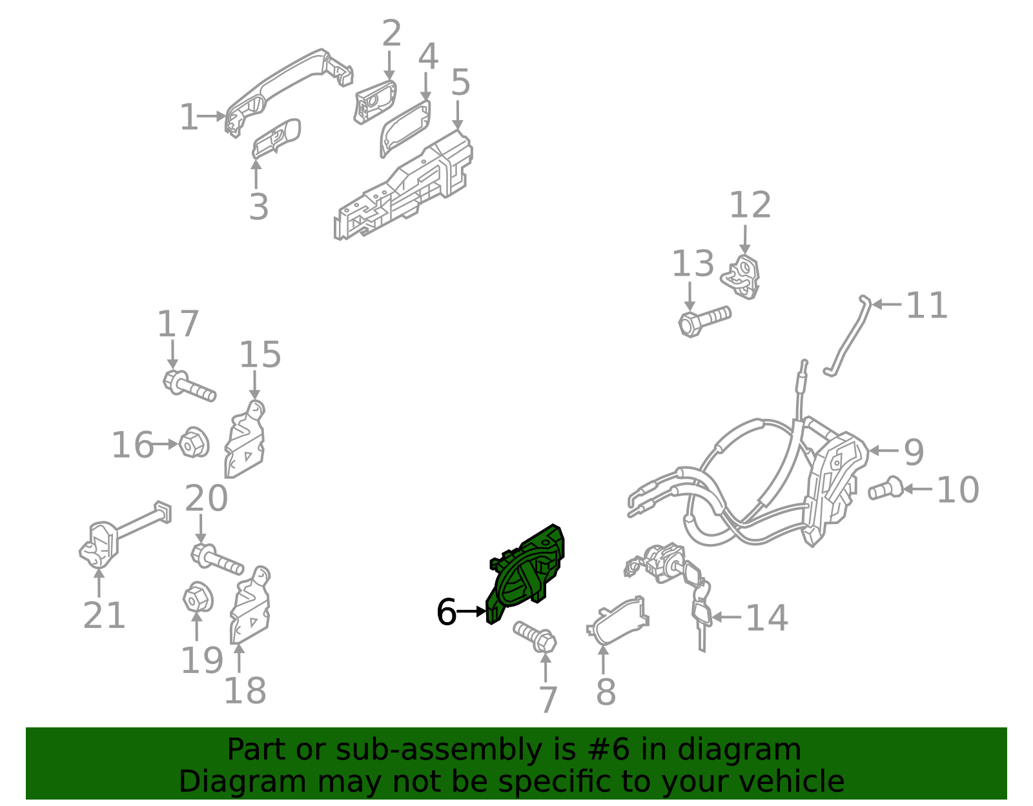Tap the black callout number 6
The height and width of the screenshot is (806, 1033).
tap(446, 612)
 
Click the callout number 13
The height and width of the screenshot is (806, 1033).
tap(693, 264)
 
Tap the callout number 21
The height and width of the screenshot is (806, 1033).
tap(104, 616)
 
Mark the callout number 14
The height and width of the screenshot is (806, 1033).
tap(766, 618)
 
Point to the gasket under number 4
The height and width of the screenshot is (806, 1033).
tap(405, 128)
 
